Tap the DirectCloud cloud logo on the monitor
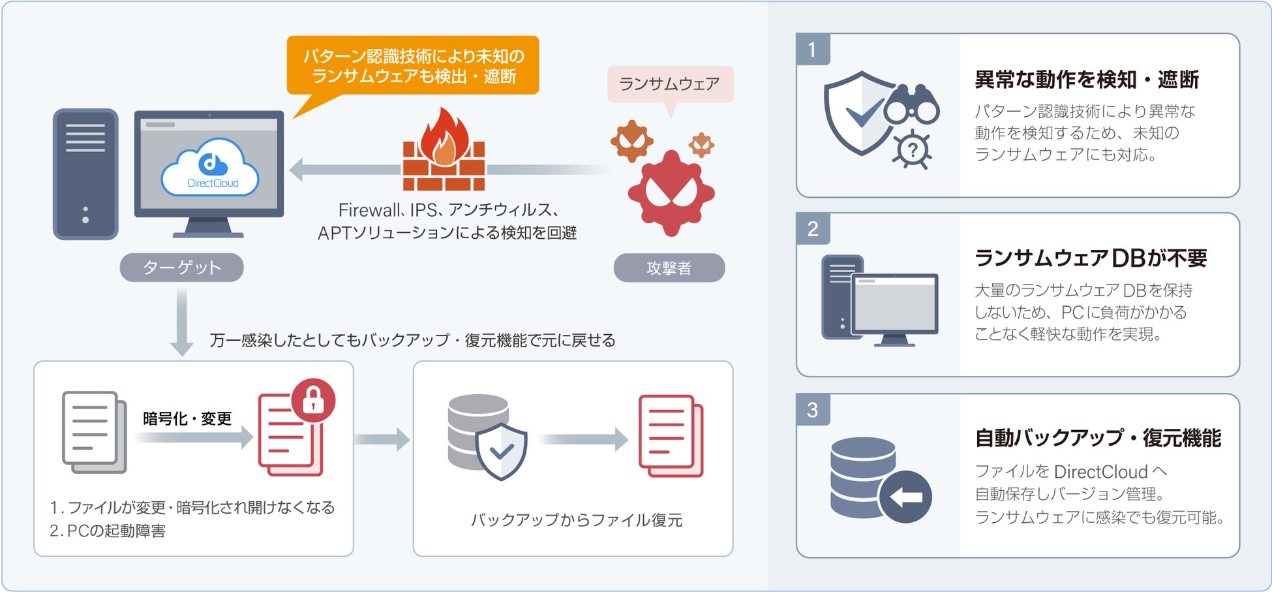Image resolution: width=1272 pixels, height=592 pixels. pyautogui.click(x=210, y=168)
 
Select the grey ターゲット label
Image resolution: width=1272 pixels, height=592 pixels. pyautogui.click(x=181, y=268)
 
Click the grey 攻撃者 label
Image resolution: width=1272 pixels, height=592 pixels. pyautogui.click(x=669, y=268)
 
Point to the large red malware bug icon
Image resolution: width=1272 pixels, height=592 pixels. pyautogui.click(x=671, y=193)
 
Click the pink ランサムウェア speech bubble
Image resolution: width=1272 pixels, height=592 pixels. pyautogui.click(x=669, y=84)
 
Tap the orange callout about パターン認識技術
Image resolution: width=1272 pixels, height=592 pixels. pyautogui.click(x=413, y=66)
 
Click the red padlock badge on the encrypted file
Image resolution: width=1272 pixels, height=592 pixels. pyautogui.click(x=313, y=400)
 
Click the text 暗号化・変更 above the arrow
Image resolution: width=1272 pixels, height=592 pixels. pyautogui.click(x=187, y=418)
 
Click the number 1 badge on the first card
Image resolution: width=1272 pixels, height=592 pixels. pyautogui.click(x=812, y=50)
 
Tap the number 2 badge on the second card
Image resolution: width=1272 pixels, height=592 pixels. pyautogui.click(x=812, y=229)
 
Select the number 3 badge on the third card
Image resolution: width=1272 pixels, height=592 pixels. pyautogui.click(x=812, y=410)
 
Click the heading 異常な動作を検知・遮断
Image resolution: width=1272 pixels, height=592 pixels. pyautogui.click(x=1086, y=80)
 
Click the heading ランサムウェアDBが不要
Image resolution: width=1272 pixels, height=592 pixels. pyautogui.click(x=1090, y=258)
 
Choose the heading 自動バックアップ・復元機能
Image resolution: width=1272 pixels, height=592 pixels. pyautogui.click(x=1097, y=438)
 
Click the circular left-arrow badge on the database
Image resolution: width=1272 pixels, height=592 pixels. pyautogui.click(x=905, y=497)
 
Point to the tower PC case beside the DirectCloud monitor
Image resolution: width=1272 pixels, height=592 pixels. pyautogui.click(x=85, y=174)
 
